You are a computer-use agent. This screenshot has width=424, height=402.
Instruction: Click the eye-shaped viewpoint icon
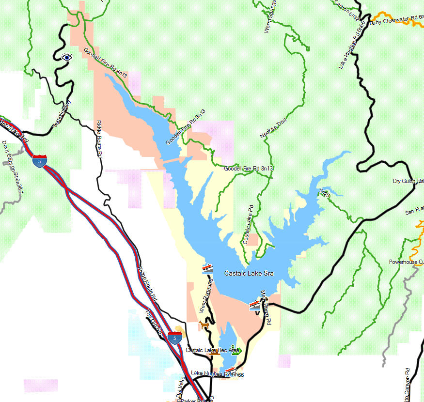67,57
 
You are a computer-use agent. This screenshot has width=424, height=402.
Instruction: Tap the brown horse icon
204,325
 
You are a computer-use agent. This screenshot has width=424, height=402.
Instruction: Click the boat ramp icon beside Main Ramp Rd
254,305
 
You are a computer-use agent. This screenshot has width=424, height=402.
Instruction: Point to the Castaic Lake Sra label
249,274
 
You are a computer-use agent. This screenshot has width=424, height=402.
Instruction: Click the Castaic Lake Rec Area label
212,350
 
